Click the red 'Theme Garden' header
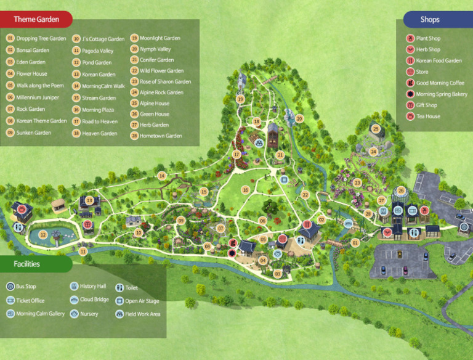36,19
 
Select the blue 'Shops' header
430,19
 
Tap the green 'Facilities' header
27,264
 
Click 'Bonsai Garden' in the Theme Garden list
33,50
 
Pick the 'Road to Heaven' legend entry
99,121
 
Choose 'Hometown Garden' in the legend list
161,136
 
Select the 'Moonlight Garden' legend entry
160,38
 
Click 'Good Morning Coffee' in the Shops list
440,83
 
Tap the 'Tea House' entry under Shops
428,116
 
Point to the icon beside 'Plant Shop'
410,38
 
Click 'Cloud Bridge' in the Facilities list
94,300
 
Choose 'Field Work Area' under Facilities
142,314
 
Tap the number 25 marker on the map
376,129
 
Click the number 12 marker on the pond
42,234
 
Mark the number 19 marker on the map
240,99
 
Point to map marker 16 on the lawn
245,190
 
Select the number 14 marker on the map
161,176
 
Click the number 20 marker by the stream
299,118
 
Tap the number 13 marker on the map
89,200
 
